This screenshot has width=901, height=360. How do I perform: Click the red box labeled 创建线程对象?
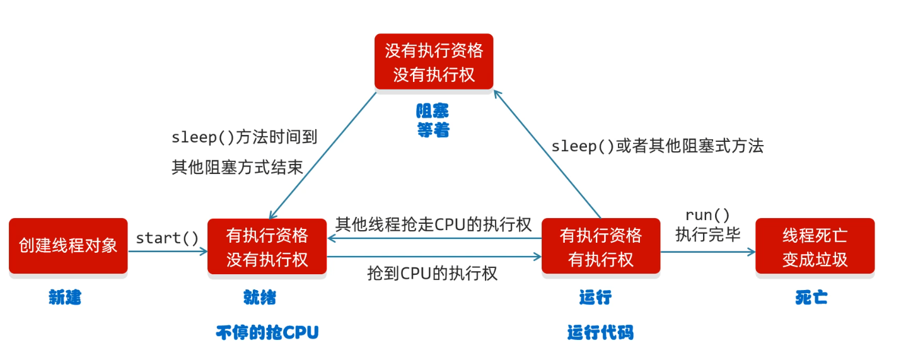tap(68, 245)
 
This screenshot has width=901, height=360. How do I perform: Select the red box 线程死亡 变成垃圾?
tap(815, 247)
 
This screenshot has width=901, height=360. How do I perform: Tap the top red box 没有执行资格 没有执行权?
tap(434, 62)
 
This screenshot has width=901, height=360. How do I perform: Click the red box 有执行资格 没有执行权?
tap(267, 247)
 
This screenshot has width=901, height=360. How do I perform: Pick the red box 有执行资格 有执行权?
tap(600, 247)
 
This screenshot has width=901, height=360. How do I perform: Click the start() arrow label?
tap(167, 238)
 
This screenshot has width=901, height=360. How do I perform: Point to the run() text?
tap(707, 215)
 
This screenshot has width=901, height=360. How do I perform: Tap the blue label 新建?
tap(65, 298)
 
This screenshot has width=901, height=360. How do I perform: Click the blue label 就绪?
tap(259, 298)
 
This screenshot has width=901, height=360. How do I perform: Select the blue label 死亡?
tap(811, 298)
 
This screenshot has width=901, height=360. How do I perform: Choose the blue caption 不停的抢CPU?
tap(267, 332)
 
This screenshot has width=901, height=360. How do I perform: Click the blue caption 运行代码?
tap(600, 332)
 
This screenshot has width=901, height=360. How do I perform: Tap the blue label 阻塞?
tap(433, 112)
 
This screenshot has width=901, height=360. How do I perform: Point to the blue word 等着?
tap(433, 131)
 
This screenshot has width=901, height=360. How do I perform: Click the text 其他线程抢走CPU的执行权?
tap(433, 224)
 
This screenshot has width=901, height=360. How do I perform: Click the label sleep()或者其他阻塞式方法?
tap(657, 146)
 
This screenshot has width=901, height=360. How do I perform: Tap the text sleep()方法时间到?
tap(244, 137)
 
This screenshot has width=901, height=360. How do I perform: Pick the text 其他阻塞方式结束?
tap(237, 167)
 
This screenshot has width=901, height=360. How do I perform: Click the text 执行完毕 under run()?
tap(707, 234)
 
